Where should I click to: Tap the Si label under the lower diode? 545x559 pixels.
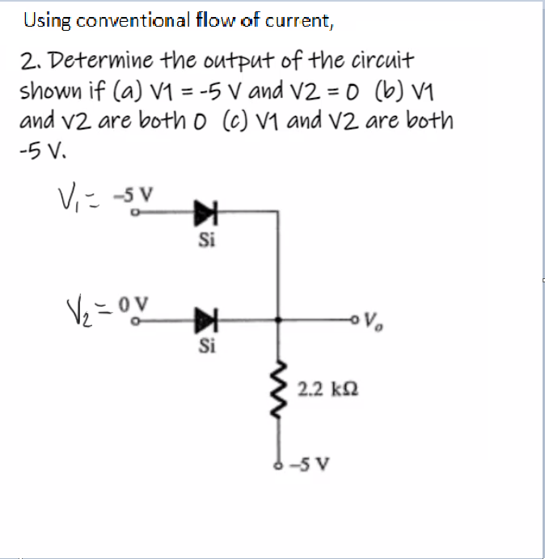pos(205,348)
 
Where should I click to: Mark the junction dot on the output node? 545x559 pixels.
pos(279,318)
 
